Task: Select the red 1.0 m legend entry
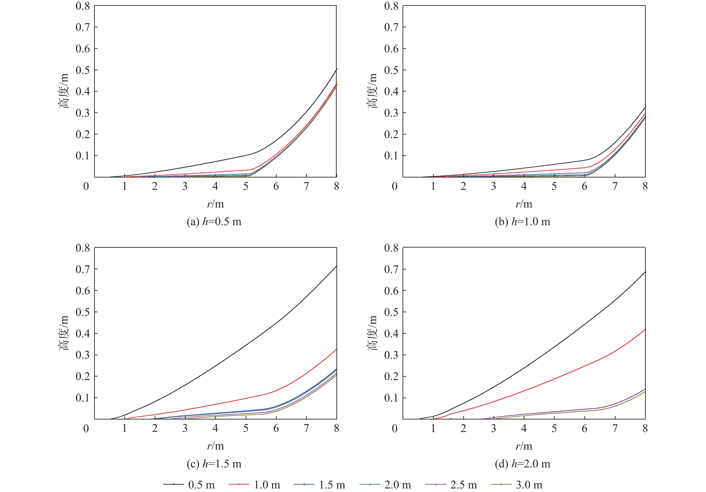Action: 255,484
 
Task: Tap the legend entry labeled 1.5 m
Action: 320,484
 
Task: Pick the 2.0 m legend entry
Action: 385,484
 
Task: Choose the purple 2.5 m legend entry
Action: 451,484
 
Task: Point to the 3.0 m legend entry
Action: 517,484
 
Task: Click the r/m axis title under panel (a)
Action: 215,204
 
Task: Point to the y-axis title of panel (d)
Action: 372,333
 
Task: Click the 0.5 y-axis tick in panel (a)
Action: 83,70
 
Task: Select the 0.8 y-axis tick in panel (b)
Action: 391,6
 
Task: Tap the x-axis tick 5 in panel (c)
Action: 246,428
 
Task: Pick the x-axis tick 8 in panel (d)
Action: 645,428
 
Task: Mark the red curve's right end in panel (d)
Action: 645,329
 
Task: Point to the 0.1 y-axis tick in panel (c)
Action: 83,398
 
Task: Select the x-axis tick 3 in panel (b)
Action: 494,186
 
